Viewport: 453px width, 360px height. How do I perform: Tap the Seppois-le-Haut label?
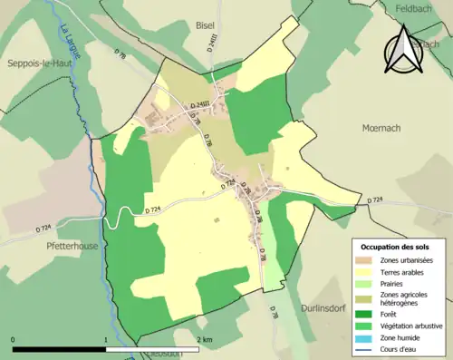pos(40,63)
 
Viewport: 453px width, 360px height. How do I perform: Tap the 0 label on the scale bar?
pos(14,339)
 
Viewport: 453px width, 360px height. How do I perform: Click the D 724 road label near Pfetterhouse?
pos(44,229)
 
